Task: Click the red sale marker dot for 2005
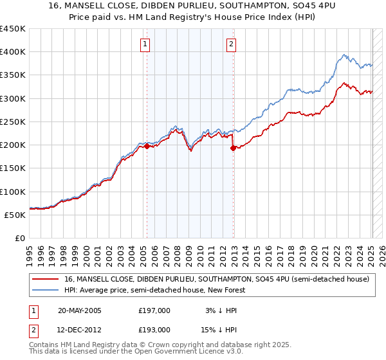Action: (x=147, y=146)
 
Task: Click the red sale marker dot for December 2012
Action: (x=233, y=147)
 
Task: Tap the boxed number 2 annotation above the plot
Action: (x=231, y=45)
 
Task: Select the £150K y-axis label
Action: (x=13, y=168)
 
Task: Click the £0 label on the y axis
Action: (x=19, y=238)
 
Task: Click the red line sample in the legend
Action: (x=46, y=279)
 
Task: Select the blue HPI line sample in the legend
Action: (x=46, y=290)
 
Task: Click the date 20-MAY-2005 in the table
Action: (x=80, y=310)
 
